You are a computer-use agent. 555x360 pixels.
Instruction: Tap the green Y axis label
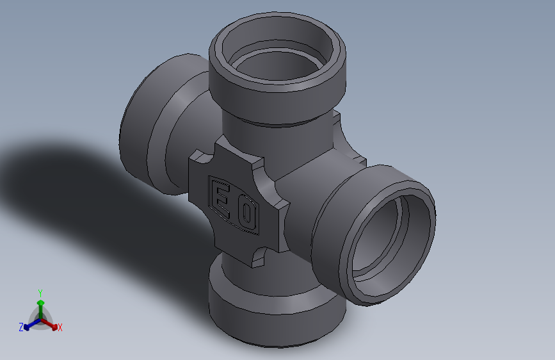[40, 292]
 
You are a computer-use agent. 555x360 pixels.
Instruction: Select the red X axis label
[60, 327]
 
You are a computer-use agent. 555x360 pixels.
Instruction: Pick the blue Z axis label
[21, 327]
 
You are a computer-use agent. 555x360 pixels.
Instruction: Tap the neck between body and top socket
[275, 131]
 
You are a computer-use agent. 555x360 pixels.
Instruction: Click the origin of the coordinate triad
[40, 318]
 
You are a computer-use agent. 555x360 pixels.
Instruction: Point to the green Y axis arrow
[40, 304]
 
